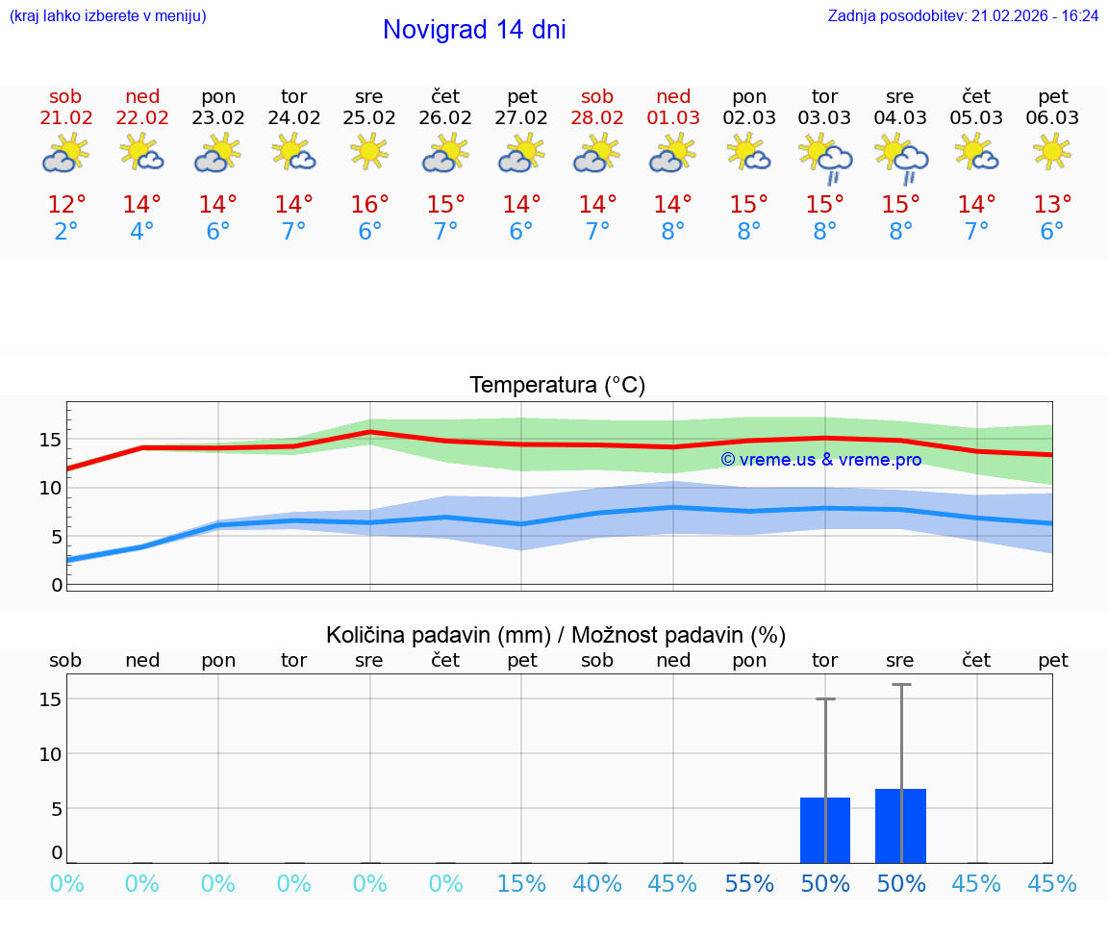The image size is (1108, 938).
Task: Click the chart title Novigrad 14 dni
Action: tap(474, 30)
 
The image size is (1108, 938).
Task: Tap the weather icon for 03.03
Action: tap(825, 157)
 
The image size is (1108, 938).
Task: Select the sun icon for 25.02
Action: tap(369, 151)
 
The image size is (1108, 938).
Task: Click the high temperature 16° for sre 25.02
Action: tap(369, 205)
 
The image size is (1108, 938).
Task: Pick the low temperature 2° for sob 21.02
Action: tap(65, 232)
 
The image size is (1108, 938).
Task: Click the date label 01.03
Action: tap(673, 118)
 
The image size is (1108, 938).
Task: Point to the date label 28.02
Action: tap(597, 118)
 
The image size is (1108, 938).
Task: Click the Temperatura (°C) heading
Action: tap(557, 386)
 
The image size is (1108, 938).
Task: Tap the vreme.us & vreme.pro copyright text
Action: tap(820, 460)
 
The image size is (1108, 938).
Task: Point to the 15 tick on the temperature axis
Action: tap(50, 440)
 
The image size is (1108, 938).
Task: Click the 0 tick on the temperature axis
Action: tap(57, 585)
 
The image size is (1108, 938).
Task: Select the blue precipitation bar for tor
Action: tap(825, 830)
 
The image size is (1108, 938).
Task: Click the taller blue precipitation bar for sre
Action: tap(900, 826)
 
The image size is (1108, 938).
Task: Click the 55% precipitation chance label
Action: tap(749, 884)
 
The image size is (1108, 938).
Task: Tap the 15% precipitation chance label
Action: tap(521, 884)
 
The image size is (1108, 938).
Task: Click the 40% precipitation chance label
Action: tap(597, 884)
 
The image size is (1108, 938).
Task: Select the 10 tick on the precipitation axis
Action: tap(50, 753)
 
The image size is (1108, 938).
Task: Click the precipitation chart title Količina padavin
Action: tap(556, 635)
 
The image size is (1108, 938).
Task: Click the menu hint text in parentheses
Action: tap(108, 16)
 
